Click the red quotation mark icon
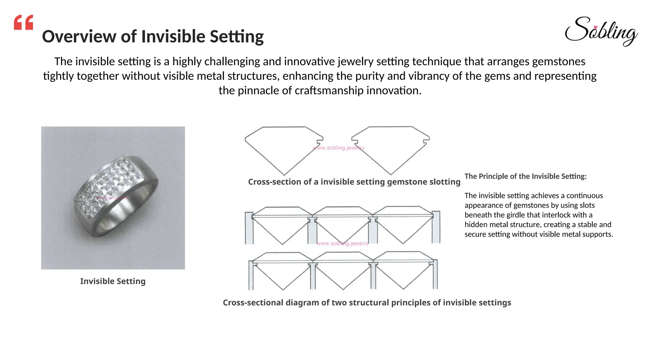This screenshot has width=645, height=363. click(x=24, y=22)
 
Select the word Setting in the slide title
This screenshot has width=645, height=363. click(x=237, y=37)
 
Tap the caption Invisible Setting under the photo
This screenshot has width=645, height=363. click(x=113, y=281)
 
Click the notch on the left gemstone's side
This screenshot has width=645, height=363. click(x=321, y=139)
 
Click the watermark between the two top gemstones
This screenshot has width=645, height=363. click(x=339, y=148)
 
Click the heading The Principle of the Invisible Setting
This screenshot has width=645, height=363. click(x=525, y=176)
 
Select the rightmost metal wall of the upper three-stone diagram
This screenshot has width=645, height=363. click(x=436, y=227)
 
